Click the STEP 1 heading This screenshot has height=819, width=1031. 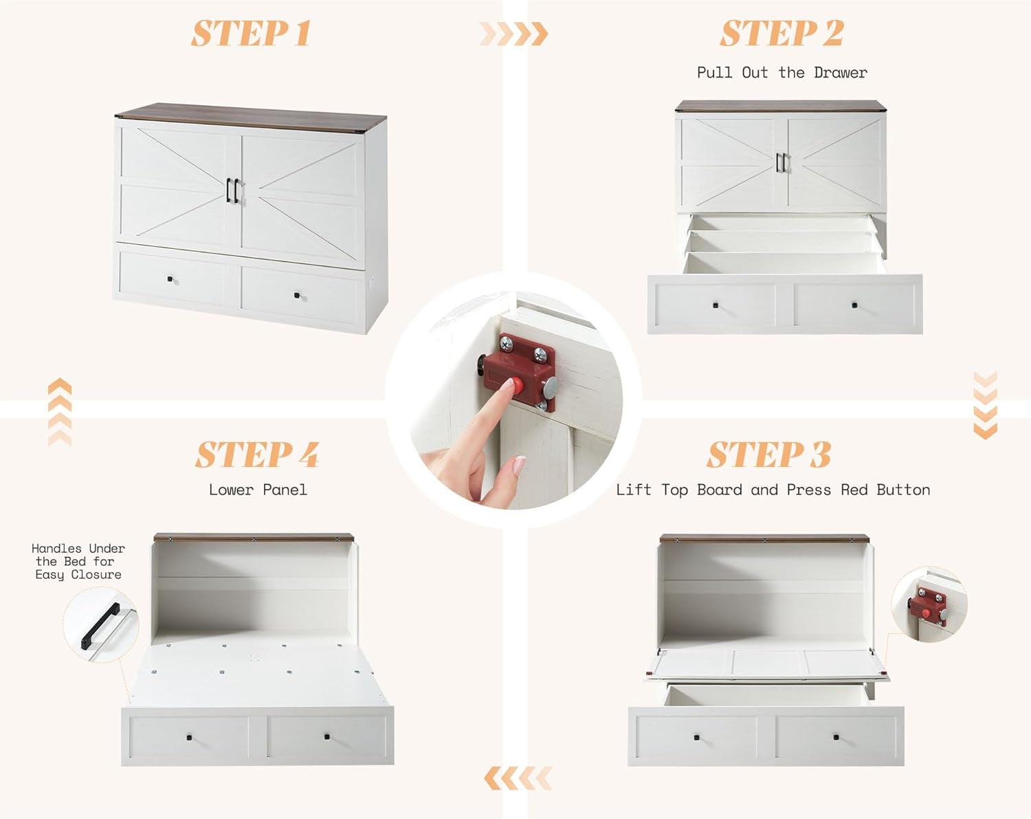coord(251,34)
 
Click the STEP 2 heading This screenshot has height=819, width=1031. coord(781,34)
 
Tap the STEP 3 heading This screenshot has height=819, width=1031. coord(768,455)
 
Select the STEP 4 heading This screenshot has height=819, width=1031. coord(257,455)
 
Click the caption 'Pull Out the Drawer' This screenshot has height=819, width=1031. coord(781,73)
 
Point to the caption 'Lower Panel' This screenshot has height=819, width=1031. coord(258,490)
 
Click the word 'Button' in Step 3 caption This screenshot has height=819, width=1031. coord(903,490)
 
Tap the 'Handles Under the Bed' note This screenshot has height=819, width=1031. coord(78,561)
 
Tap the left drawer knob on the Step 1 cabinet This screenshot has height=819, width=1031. coord(170,279)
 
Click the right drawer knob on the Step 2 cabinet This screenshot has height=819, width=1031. coord(854,305)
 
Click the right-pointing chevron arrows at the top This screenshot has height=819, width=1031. coord(513,34)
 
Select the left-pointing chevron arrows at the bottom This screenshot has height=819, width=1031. coord(518,778)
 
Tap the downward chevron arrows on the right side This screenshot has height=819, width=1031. coord(985,406)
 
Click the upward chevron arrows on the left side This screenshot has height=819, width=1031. coord(60,412)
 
